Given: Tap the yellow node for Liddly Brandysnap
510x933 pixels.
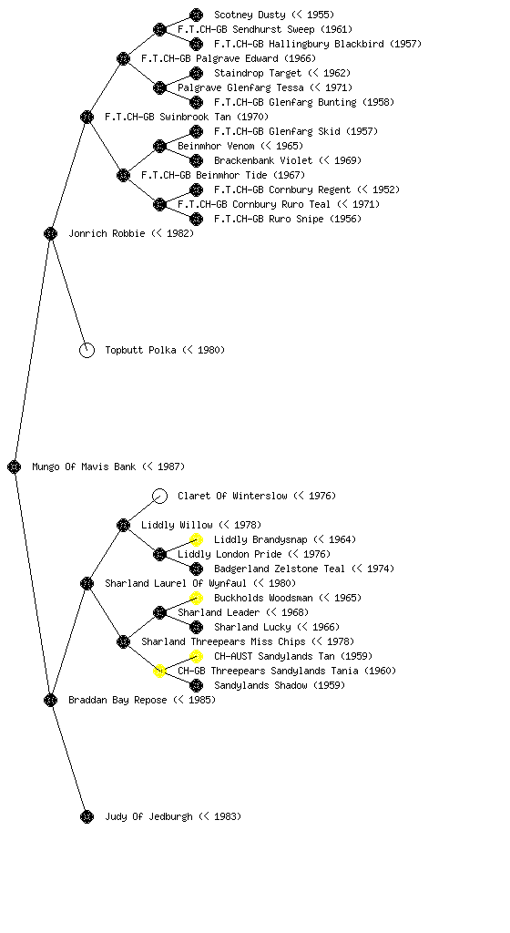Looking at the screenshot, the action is [196, 539].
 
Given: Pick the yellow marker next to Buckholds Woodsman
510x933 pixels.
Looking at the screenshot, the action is [196, 598].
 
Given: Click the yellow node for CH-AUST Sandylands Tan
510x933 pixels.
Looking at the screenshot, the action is [196, 656].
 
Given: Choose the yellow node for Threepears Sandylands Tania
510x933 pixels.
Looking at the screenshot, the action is [159, 672].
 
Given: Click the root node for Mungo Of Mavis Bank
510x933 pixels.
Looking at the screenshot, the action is [15, 467].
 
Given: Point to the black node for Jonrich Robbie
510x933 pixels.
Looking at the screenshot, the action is [50, 234].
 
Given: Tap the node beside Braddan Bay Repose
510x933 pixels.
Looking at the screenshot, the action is [50, 701].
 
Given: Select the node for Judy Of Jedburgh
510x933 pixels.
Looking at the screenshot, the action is [87, 817].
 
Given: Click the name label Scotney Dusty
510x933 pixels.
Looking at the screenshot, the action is [250, 15].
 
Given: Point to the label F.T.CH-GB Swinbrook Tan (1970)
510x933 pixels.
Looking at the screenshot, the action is [187, 118].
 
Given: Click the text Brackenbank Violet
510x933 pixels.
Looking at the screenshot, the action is [263, 160].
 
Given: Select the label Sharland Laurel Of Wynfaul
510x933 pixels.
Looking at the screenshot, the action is [176, 584].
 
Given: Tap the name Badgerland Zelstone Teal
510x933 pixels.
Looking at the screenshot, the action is [280, 569].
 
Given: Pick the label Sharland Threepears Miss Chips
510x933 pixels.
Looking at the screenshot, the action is [223, 642].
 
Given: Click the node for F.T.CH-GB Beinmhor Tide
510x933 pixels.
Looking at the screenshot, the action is [123, 176].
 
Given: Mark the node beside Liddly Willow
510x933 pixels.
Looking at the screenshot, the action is [123, 526].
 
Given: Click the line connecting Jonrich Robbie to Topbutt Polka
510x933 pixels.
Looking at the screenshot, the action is [69, 292].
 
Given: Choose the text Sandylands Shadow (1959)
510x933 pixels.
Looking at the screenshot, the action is [280, 685].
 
